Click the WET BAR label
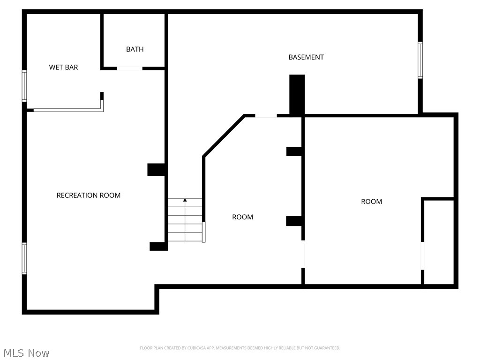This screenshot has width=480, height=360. (x=63, y=67)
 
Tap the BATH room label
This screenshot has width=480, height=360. (x=135, y=49)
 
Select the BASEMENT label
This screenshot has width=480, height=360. (x=306, y=57)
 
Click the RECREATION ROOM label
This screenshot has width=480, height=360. (x=88, y=195)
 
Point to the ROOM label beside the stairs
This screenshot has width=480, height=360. (x=242, y=217)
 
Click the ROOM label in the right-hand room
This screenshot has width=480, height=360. (x=371, y=202)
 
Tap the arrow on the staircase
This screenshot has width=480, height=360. (x=185, y=201)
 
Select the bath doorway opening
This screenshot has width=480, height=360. (x=129, y=68)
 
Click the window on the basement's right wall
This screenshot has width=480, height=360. (x=420, y=60)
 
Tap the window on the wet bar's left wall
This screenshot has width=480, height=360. (x=24, y=86)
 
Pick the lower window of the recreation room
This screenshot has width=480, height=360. (x=24, y=258)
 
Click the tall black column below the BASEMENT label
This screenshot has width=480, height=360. (x=297, y=94)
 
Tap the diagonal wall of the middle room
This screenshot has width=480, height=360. (x=223, y=135)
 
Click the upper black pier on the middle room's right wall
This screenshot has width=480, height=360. (x=294, y=151)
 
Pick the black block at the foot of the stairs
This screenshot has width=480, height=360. (x=158, y=246)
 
